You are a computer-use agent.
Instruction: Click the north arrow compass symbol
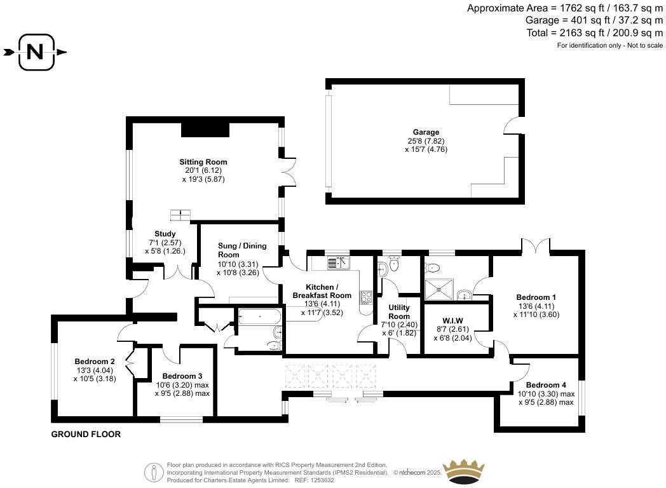click(35, 53)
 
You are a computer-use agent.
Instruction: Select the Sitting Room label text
click(203, 162)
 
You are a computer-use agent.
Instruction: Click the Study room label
click(165, 234)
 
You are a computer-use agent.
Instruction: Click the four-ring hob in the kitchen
click(366, 297)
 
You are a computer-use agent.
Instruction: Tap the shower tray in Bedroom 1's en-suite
click(438, 289)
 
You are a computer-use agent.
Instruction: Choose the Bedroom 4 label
click(547, 386)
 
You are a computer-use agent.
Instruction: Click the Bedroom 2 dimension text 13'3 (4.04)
click(94, 370)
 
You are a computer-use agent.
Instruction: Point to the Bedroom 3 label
click(182, 376)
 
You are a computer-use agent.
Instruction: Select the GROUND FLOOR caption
click(86, 435)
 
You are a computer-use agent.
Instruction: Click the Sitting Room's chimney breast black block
click(205, 129)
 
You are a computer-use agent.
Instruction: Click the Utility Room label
click(399, 311)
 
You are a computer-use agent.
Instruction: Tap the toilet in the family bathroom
click(274, 344)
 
